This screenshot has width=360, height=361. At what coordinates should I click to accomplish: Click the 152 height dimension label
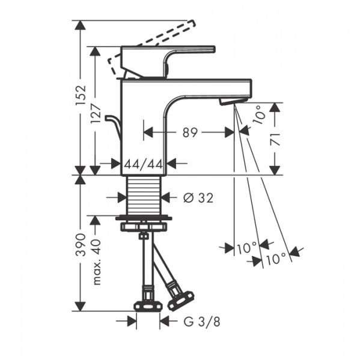click(81, 95)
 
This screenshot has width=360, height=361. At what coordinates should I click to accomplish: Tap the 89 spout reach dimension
click(190, 132)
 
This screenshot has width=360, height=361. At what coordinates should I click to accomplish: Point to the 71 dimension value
click(275, 139)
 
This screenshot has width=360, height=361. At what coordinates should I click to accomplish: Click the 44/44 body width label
click(144, 164)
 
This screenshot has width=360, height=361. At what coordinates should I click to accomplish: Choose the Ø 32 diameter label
click(198, 198)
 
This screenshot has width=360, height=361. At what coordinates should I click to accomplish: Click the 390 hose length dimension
click(81, 245)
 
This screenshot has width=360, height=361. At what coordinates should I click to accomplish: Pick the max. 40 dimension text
click(96, 262)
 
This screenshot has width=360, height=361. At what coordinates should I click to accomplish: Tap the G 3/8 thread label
click(202, 322)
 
